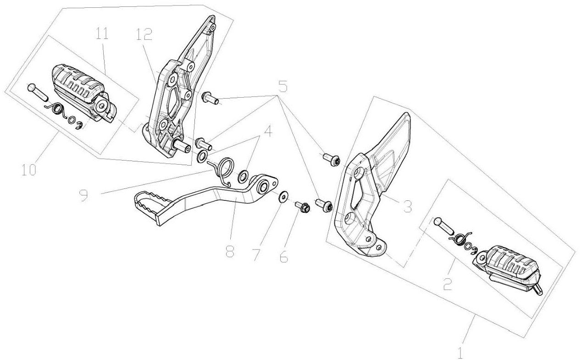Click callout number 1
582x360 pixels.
tap(460, 352)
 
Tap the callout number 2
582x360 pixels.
tap(448, 285)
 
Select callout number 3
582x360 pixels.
tap(406, 206)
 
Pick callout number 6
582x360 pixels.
tap(283, 256)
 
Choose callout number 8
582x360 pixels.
tap(230, 251)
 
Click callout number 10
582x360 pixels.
tap(28, 169)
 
